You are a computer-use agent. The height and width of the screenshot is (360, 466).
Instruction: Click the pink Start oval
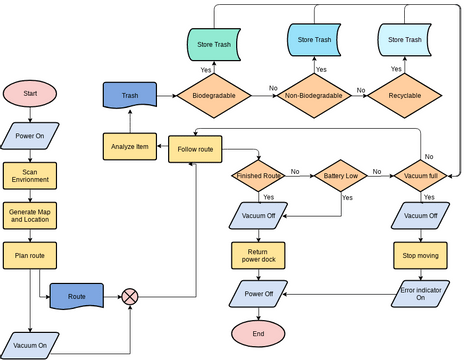(x=30, y=94)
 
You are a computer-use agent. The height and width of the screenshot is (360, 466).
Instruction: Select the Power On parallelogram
(x=30, y=135)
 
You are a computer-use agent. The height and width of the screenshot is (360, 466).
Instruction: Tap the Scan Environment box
(x=30, y=176)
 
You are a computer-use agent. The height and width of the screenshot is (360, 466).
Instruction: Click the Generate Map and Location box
(x=30, y=214)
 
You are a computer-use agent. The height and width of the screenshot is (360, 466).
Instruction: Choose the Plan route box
(x=30, y=255)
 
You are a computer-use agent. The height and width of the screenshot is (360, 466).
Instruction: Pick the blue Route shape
(x=77, y=297)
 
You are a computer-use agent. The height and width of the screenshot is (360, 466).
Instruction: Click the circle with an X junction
(x=130, y=297)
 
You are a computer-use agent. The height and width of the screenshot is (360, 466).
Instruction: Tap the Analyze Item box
(x=128, y=148)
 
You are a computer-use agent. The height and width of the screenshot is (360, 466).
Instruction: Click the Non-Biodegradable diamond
(x=313, y=96)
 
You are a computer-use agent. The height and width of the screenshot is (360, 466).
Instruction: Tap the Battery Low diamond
(x=341, y=177)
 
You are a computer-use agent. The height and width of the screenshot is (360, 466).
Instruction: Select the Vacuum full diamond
(x=422, y=177)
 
